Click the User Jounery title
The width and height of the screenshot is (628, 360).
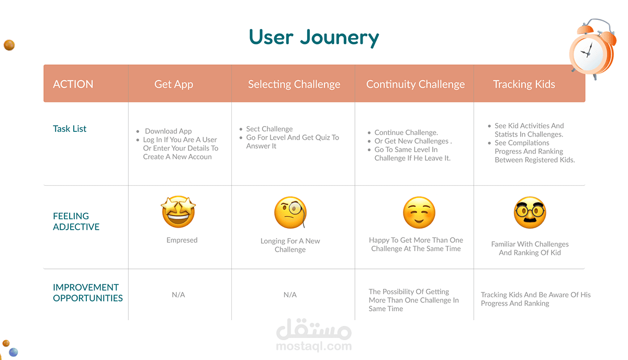pos(313,38)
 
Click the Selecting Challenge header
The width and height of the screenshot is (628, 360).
pos(294,84)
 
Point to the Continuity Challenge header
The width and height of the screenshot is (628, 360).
pos(415,84)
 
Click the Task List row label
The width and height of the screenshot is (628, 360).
pos(70,129)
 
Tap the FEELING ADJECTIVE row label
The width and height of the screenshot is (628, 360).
pos(76,221)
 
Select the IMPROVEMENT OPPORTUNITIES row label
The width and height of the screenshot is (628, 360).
pos(88,292)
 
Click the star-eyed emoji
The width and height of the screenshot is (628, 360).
pos(178,212)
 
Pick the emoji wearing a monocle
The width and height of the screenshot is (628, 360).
pos(290,212)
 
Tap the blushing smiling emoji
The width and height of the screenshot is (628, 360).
pos(419,212)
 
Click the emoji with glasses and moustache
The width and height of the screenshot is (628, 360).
pos(530,212)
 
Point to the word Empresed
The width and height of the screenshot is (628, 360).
pos(182,240)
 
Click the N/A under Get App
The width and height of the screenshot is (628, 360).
pos(178,295)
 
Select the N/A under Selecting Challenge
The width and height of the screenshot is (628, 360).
pos(290,295)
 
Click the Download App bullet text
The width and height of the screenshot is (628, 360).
pos(168,131)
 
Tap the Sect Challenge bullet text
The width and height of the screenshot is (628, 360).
pos(270,129)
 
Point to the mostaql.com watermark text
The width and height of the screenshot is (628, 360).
pos(313,346)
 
